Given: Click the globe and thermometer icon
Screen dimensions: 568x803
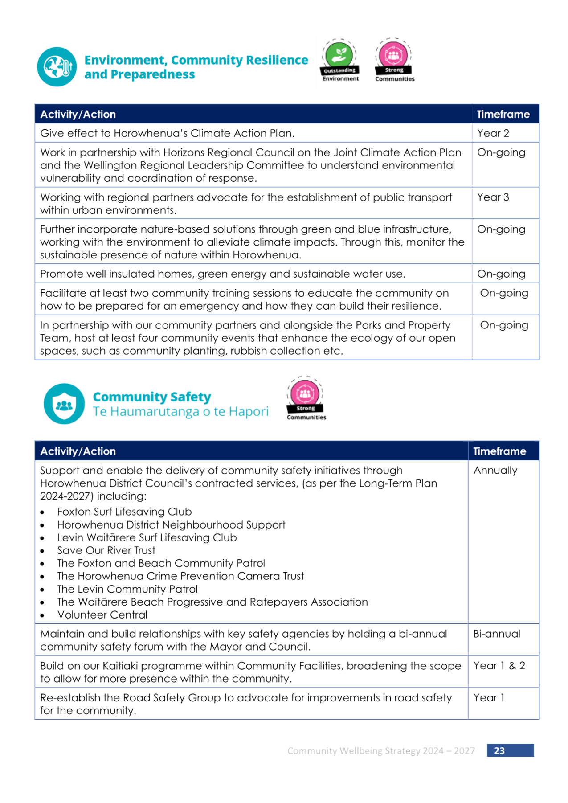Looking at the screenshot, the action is coord(57,67).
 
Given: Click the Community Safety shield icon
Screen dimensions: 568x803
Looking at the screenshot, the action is coord(64,404).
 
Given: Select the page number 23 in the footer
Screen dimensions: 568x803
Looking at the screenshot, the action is coord(499,750).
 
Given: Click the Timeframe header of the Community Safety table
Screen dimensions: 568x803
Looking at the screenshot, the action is coord(499,451).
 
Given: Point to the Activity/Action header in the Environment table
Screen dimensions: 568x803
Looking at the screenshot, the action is coord(78,115).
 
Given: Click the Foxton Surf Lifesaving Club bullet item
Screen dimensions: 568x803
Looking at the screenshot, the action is coord(124,512).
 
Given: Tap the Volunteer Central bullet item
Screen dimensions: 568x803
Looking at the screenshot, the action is coord(102,615).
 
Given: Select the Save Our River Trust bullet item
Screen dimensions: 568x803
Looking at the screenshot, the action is coord(106,550).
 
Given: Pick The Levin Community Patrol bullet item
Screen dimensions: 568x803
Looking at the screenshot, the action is coord(127,589).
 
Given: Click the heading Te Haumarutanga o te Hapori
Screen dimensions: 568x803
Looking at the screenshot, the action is coord(180,411).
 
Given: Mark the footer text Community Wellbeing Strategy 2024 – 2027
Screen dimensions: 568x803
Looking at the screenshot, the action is coord(381,751).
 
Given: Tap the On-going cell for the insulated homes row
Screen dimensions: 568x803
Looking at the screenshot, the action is coord(501,274).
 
